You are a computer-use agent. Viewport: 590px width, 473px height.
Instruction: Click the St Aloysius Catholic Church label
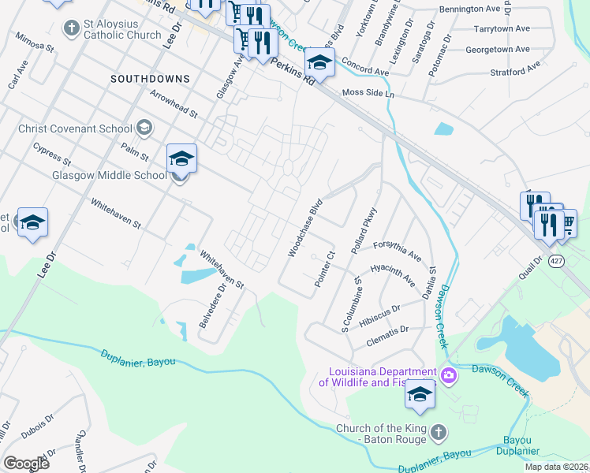pyautogui.click(x=122, y=29)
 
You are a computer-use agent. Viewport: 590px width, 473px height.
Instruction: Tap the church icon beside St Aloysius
pyautogui.click(x=72, y=29)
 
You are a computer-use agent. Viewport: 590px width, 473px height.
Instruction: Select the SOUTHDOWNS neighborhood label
pyautogui.click(x=150, y=79)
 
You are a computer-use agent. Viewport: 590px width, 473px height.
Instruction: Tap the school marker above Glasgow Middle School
pyautogui.click(x=181, y=159)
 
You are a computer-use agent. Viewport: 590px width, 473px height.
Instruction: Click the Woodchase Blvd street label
pyautogui.click(x=306, y=227)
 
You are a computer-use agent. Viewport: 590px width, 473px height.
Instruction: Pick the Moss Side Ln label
pyautogui.click(x=368, y=93)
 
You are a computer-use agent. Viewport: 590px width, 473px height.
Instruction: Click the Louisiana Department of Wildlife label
pyautogui.click(x=377, y=377)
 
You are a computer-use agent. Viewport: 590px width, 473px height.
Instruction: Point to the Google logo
pyautogui.click(x=26, y=464)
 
